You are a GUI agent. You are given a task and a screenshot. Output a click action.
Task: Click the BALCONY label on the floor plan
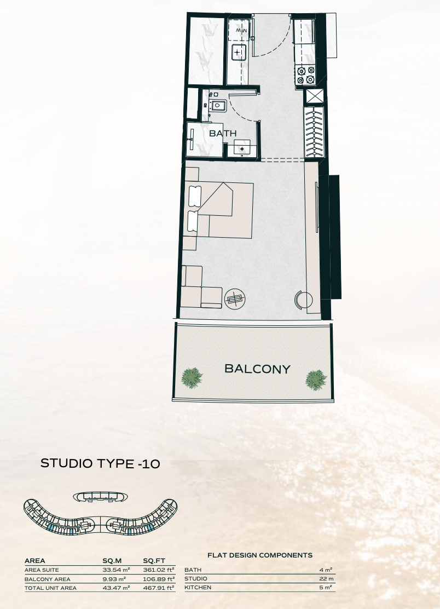coord(257,369)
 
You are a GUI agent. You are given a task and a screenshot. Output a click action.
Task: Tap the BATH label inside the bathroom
coord(223,133)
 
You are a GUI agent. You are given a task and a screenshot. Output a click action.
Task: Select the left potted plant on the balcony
coord(192,377)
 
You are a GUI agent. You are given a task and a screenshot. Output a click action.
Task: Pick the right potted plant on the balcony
coord(316,380)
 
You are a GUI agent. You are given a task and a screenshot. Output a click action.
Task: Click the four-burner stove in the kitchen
coord(305,75)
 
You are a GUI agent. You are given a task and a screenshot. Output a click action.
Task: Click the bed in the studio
coord(220,210)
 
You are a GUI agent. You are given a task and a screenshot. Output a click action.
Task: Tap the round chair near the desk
coord(303,300)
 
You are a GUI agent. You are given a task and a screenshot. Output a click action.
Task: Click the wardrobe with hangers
coord(314,131)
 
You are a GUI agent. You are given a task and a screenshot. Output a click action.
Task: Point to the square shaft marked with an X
coord(314,97)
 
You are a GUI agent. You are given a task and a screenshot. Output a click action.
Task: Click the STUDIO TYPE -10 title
coord(100,463)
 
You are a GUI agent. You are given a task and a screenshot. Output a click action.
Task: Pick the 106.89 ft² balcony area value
coord(159,579)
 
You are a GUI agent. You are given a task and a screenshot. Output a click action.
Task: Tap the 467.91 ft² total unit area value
coord(159,588)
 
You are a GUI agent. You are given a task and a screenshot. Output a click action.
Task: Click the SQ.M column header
coord(112,560)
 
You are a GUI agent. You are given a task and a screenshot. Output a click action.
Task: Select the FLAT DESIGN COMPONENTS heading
coord(260,555)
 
